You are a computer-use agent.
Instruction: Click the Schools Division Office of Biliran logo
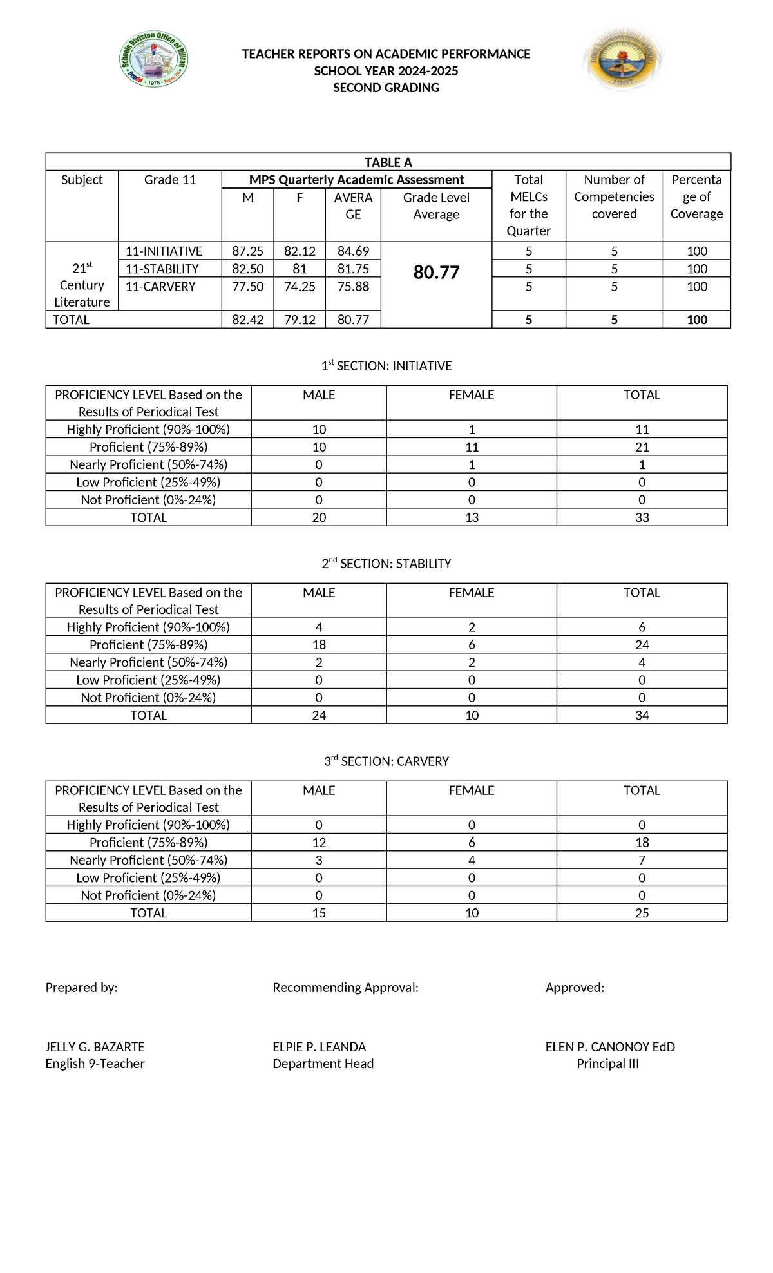point(155,62)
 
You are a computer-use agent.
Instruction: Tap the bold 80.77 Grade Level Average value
point(436,273)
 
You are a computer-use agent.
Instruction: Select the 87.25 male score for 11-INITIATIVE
point(247,251)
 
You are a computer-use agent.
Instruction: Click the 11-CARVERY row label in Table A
point(160,287)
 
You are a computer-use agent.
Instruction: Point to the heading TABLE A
point(388,162)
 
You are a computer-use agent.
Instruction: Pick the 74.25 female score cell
point(300,287)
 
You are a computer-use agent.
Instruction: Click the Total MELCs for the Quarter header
point(528,205)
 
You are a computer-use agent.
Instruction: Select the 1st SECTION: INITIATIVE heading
point(386,366)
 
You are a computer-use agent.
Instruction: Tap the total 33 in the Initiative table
point(642,517)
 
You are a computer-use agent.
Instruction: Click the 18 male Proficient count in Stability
point(319,645)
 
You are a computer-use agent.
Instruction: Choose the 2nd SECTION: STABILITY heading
point(386,564)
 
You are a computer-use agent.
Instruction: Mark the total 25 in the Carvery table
point(642,913)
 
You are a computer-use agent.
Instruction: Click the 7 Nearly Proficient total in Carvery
point(642,860)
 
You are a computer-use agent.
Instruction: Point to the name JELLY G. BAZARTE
point(95,1047)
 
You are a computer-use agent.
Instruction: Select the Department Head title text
point(323,1064)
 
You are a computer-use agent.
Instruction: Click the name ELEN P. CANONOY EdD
point(610,1047)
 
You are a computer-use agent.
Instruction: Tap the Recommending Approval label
point(345,988)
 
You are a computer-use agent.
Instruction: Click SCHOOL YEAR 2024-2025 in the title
point(386,71)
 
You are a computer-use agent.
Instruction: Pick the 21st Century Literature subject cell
point(82,285)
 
